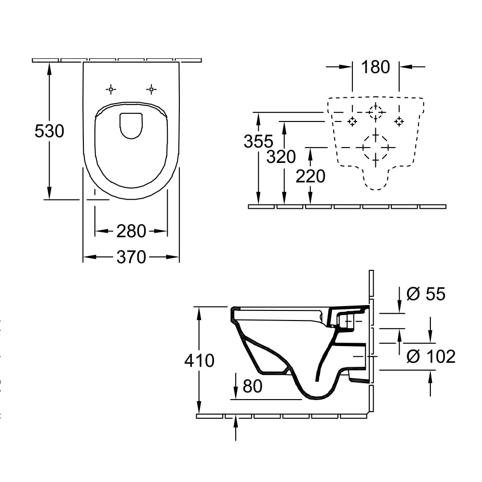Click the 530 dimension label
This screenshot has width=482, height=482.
point(49,131)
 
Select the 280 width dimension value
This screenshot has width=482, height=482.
point(131,231)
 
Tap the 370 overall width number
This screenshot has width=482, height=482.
point(131,257)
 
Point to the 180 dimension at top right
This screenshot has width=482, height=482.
point(375,67)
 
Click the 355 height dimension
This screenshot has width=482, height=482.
point(258,141)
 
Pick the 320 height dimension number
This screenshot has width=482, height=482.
point(281,157)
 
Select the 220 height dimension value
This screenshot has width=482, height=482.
point(310,176)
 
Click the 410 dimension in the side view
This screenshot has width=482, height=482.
point(199,360)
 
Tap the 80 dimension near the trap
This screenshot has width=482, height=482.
point(253,386)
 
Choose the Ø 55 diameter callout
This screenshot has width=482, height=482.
point(426,294)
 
